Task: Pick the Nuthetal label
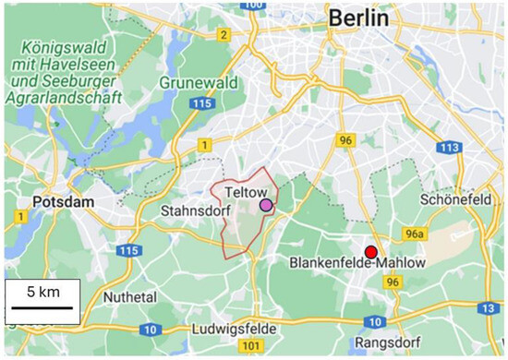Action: point(129,298)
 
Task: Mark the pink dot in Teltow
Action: point(267,205)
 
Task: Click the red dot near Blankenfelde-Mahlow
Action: point(371,252)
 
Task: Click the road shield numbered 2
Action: point(223,35)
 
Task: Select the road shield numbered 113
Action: point(451,147)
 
